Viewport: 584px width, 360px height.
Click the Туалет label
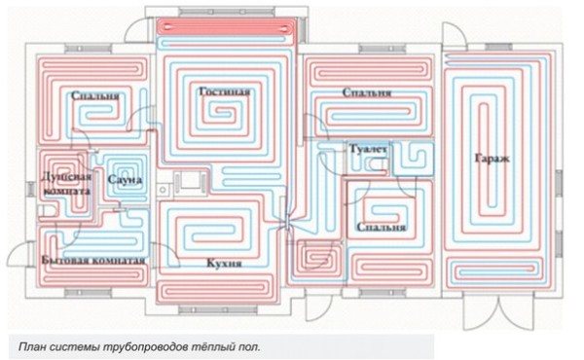point(368,149)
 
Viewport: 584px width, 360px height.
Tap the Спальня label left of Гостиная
point(95,97)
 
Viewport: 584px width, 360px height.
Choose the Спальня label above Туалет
point(367,92)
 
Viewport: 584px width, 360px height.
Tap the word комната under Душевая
point(68,192)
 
